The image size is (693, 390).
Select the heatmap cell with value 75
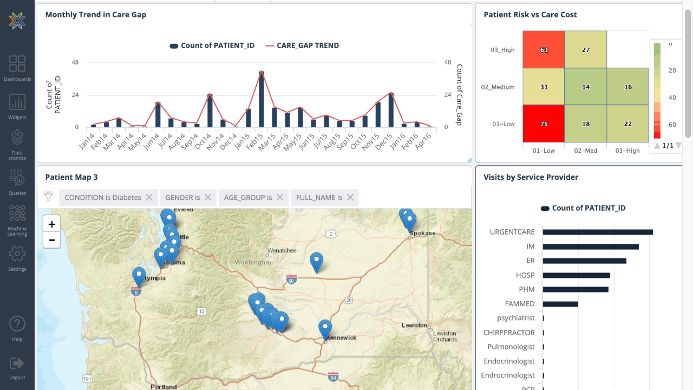point(544,124)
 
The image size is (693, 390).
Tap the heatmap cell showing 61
point(544,50)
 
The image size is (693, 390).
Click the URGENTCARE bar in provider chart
point(598,232)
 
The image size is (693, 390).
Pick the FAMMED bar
point(560,304)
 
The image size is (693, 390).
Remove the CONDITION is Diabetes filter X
point(149,198)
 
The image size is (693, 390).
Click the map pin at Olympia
point(139,276)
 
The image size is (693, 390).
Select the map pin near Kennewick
point(325,328)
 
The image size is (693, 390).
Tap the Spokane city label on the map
point(423,233)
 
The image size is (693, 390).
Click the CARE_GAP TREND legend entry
point(307,45)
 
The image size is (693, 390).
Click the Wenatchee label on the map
point(282,251)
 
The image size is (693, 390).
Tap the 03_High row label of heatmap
point(502,50)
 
